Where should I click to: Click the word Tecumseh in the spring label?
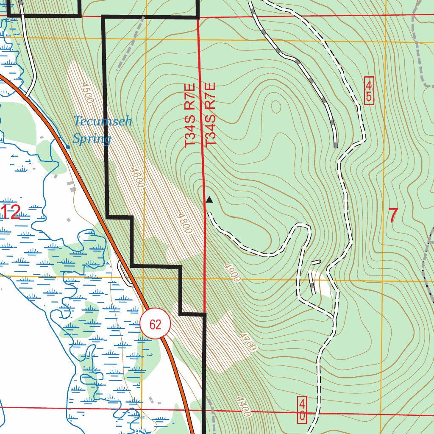coord(103,122)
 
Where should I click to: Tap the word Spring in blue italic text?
coord(92,139)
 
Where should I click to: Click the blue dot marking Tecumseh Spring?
coord(68,147)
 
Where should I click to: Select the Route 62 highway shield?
coord(155,324)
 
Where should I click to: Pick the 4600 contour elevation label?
coord(138,178)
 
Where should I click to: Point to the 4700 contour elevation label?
coord(248,342)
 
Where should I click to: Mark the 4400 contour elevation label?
coord(245,406)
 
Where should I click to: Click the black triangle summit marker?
coord(209,199)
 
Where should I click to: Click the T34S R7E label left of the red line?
coord(189,115)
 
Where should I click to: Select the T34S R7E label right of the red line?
coord(211,114)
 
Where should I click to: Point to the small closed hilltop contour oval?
coord(276,107)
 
